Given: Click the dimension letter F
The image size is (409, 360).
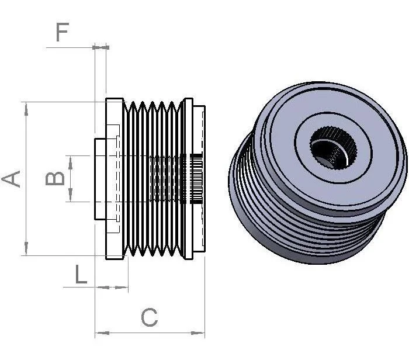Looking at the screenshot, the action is [x=63, y=32].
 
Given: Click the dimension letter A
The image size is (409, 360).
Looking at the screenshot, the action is [x=11, y=179].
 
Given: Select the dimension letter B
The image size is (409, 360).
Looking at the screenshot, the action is [x=55, y=179].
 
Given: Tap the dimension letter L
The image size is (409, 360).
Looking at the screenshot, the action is [x=81, y=274].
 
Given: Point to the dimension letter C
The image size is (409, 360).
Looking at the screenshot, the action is [x=150, y=317].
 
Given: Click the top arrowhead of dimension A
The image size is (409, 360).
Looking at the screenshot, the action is [x=26, y=109].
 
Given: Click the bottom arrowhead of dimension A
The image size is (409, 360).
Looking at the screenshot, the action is [x=26, y=248].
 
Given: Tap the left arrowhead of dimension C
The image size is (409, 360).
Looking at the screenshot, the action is [x=102, y=333].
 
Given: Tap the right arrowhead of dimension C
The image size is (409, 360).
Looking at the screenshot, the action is [x=197, y=333].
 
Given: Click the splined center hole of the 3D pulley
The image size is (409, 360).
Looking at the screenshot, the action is [x=333, y=148].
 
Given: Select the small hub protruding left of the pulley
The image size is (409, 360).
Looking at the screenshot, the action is [x=100, y=179].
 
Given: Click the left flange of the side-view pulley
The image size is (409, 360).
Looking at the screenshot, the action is [x=115, y=179].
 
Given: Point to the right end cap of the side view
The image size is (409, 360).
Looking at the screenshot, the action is [x=199, y=179].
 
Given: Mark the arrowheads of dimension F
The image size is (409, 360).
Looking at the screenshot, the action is [x=100, y=47].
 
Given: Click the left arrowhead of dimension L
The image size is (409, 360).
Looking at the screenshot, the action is [x=103, y=287].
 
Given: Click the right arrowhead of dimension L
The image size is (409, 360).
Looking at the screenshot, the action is [x=122, y=287].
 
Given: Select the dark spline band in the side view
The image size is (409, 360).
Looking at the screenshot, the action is [x=196, y=179].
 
